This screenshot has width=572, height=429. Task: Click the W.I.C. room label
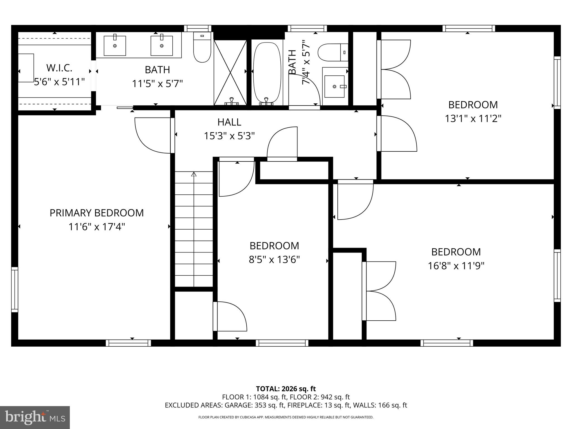pyautogui.click(x=59, y=68)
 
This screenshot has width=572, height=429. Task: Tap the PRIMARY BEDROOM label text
pyautogui.click(x=97, y=213)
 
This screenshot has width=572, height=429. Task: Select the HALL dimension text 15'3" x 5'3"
pyautogui.click(x=229, y=136)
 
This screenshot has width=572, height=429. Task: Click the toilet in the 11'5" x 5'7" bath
pyautogui.click(x=202, y=49)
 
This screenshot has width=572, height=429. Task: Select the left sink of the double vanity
pyautogui.click(x=115, y=46)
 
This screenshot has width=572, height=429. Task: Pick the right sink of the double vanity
pyautogui.click(x=161, y=46)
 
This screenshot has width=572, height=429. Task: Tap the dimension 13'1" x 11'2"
pyautogui.click(x=473, y=119)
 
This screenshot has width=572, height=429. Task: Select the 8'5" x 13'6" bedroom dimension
pyautogui.click(x=274, y=260)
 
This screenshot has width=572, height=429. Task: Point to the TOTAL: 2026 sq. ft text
pyautogui.click(x=286, y=389)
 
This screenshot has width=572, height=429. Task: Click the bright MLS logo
pyautogui.click(x=35, y=417)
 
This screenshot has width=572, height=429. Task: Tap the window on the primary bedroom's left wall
pyautogui.click(x=15, y=289)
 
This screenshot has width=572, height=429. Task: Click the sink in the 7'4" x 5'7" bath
pyautogui.click(x=334, y=87)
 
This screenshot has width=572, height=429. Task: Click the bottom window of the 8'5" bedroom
pyautogui.click(x=282, y=343)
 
